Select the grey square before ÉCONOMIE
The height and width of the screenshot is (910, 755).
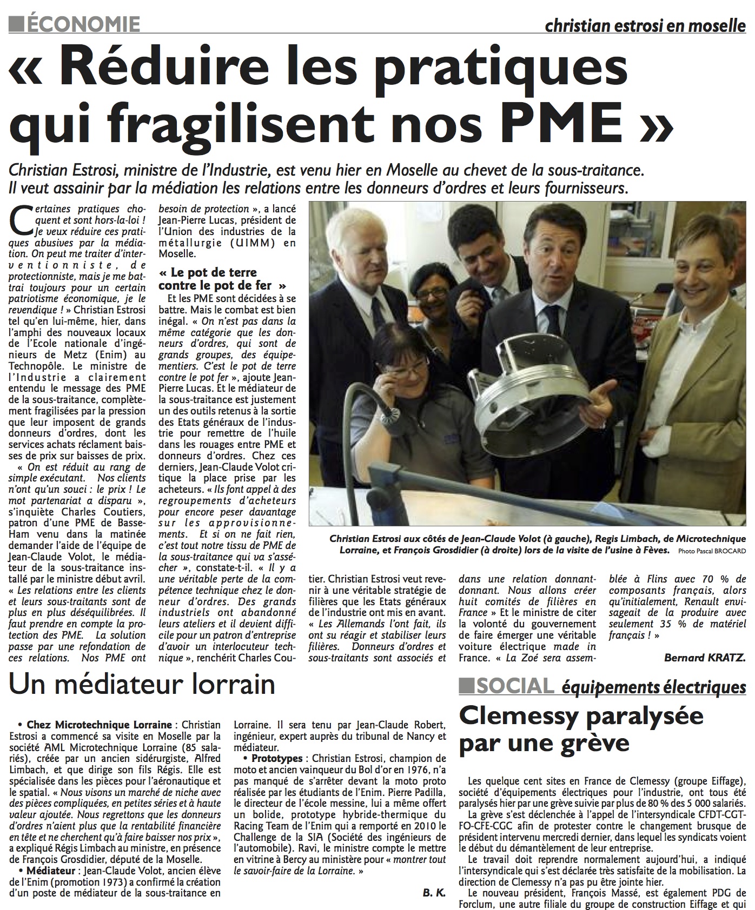pyautogui.click(x=18, y=23)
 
